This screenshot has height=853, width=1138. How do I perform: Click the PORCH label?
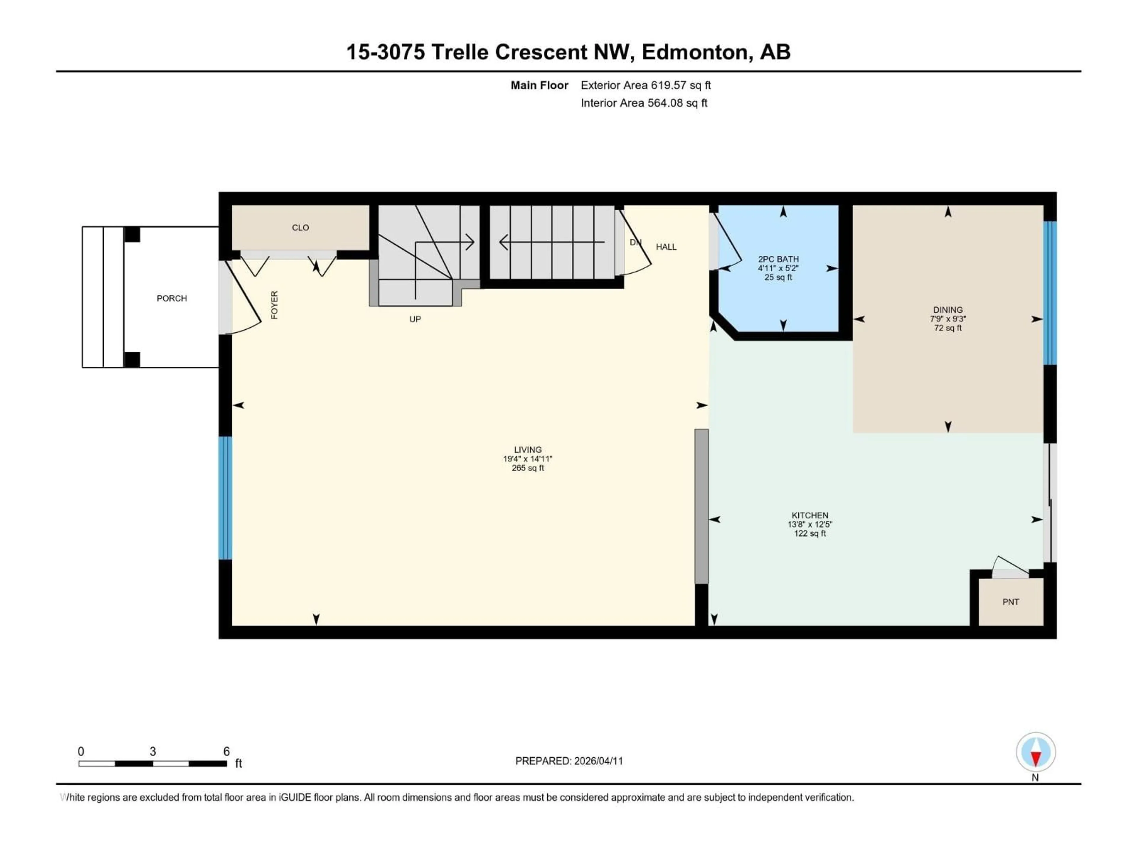click(x=172, y=298)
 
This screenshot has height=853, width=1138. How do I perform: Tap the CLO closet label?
click(x=301, y=228)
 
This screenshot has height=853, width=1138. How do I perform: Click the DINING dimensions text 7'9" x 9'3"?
click(x=948, y=319)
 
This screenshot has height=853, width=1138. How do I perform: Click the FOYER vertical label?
click(x=274, y=305)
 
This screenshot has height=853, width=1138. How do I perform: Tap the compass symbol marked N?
click(x=1036, y=752)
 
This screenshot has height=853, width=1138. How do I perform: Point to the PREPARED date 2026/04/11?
click(x=569, y=761)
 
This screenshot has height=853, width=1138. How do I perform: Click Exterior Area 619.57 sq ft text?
click(x=646, y=85)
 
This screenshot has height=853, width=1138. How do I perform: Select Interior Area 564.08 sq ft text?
click(x=644, y=103)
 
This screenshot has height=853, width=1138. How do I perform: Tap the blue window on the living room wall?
click(x=225, y=498)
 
